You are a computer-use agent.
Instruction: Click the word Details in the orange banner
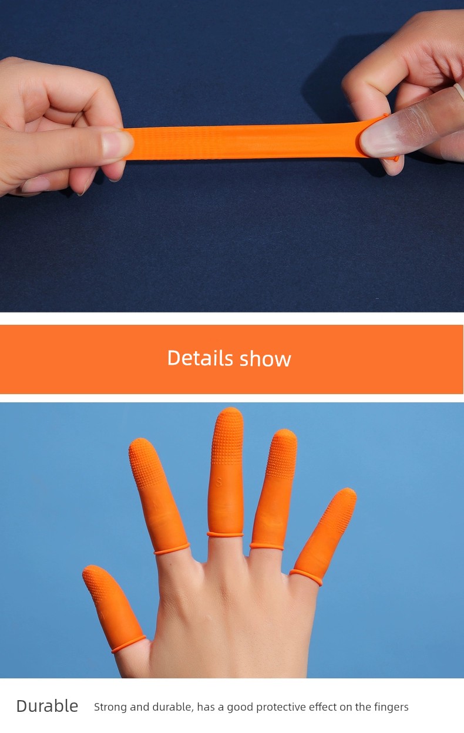click(200, 358)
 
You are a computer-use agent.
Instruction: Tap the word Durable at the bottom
click(47, 706)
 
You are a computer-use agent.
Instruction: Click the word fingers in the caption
click(391, 707)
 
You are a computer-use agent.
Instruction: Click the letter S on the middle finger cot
click(219, 482)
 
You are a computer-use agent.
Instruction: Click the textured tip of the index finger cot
click(146, 462)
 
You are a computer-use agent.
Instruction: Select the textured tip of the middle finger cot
click(228, 435)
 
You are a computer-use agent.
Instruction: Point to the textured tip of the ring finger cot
click(282, 453)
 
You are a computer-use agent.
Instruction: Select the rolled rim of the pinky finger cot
click(306, 577)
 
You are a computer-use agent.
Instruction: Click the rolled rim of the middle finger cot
click(225, 534)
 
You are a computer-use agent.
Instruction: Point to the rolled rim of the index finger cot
click(172, 549)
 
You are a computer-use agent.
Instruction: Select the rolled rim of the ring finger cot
click(267, 546)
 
